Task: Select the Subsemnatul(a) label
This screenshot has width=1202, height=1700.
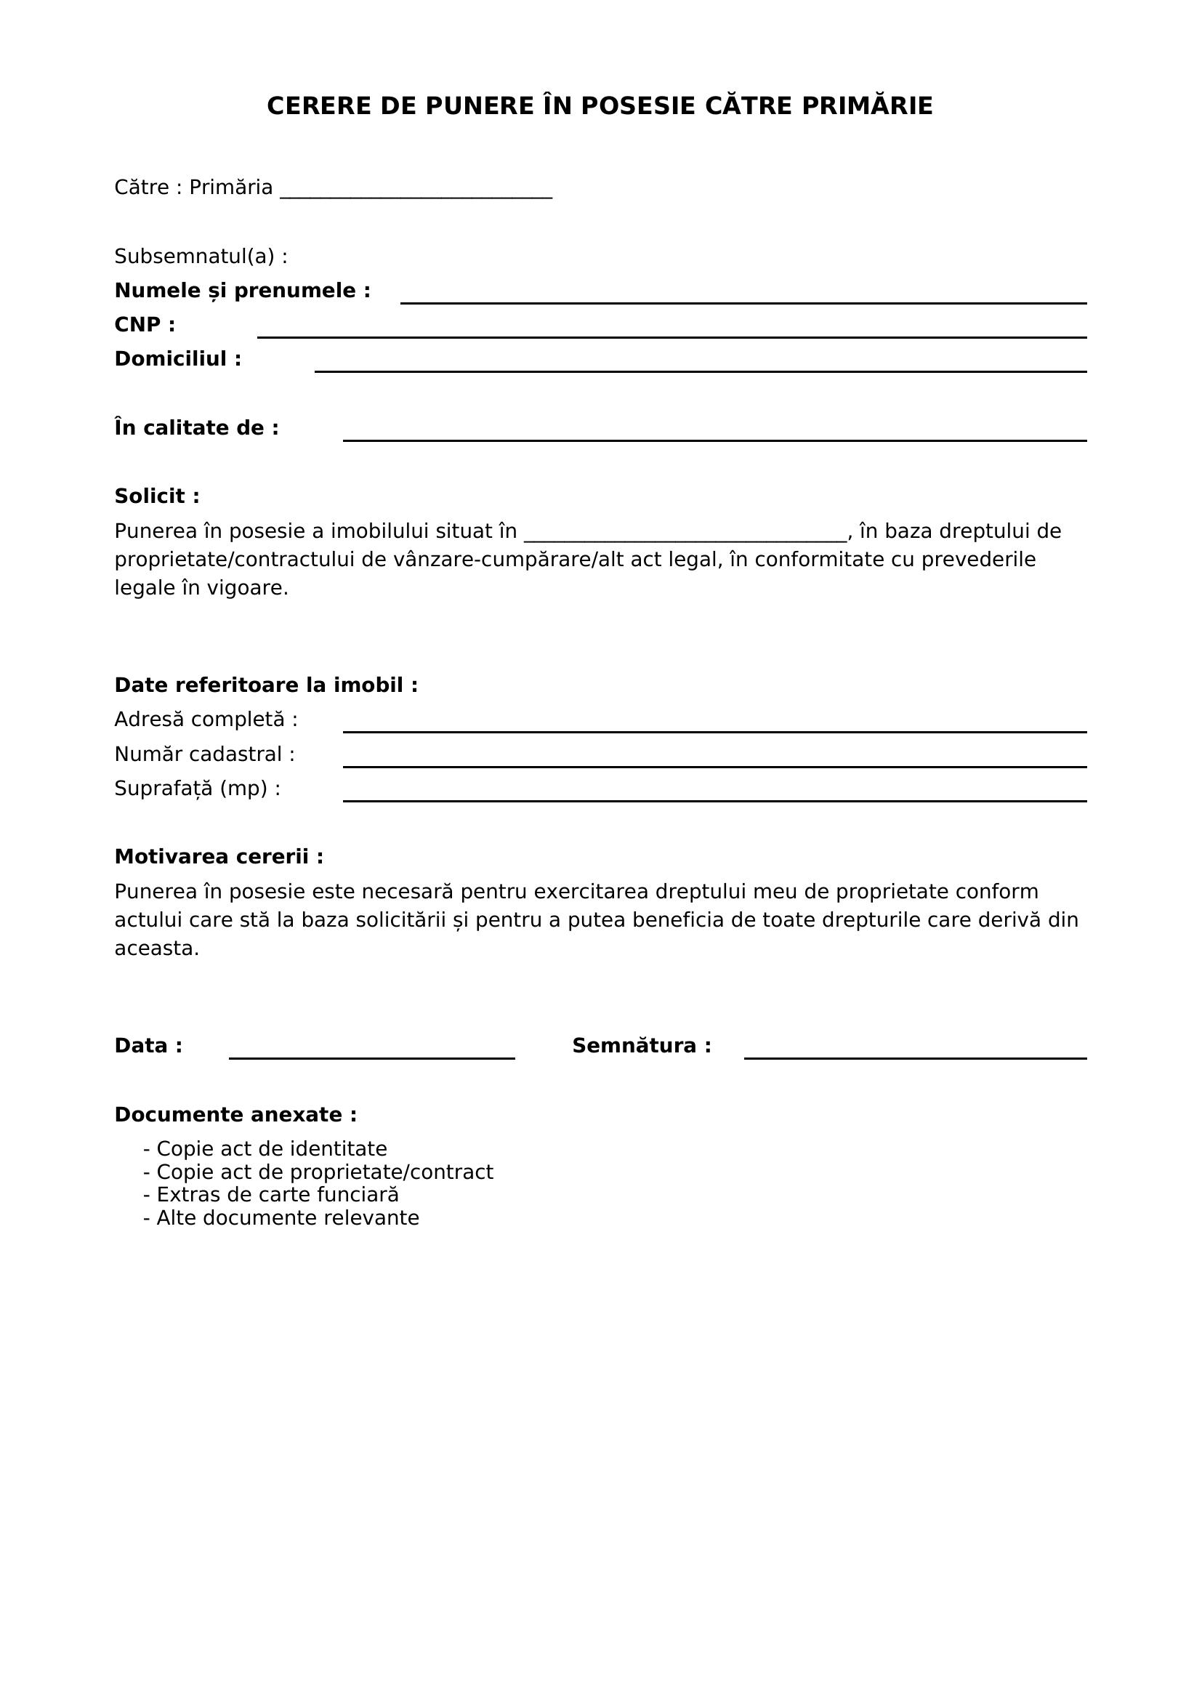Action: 201,256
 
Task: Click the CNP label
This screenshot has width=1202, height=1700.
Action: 145,325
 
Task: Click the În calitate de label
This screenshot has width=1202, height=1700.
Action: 196,428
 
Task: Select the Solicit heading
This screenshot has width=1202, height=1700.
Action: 157,496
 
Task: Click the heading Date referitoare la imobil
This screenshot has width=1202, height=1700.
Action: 266,685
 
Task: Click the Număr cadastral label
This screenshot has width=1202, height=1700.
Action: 204,754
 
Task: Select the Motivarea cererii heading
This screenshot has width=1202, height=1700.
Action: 218,857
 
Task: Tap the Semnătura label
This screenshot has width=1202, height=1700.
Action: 641,1045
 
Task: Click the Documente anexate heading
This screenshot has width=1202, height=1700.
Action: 235,1114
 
